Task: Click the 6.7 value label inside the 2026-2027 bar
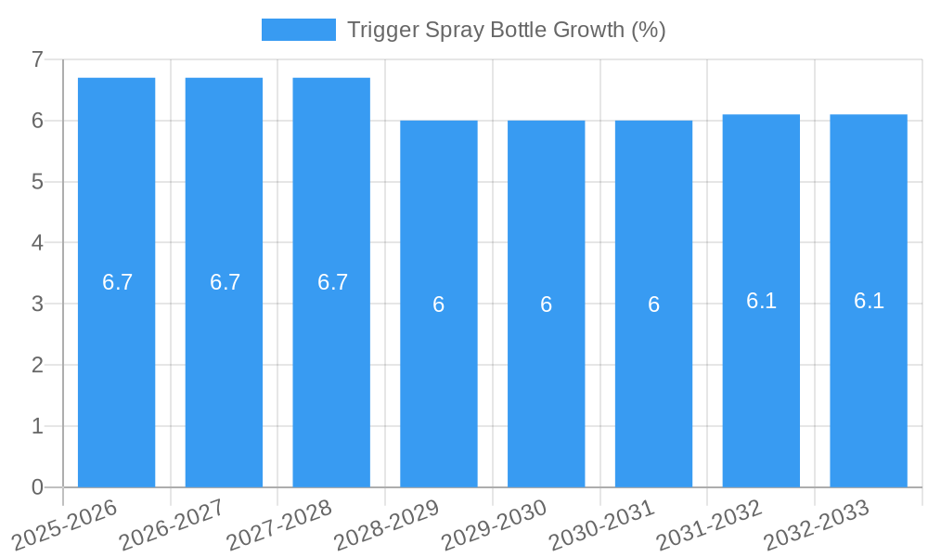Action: coord(225,282)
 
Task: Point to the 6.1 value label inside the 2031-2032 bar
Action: coord(761,301)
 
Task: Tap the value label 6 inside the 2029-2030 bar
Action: coord(547,304)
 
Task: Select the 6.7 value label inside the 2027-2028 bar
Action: coord(332,282)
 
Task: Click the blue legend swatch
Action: coord(298,30)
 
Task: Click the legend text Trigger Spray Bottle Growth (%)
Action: coord(507,30)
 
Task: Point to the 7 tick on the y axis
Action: coord(37,59)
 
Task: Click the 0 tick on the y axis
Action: coord(37,487)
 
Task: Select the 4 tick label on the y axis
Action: coord(37,243)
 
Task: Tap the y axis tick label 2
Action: coord(37,365)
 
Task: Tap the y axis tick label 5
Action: coord(37,182)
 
